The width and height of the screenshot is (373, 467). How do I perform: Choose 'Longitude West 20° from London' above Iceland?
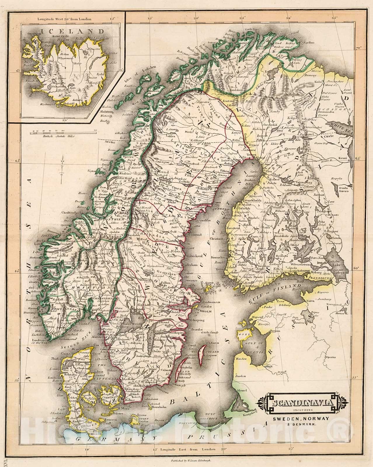point(65,19)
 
